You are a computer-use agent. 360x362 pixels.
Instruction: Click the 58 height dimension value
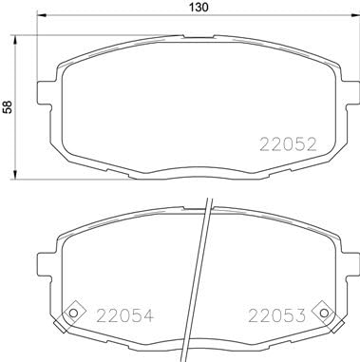pyautogui.click(x=9, y=107)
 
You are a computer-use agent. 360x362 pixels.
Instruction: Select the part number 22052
pyautogui.click(x=288, y=145)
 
